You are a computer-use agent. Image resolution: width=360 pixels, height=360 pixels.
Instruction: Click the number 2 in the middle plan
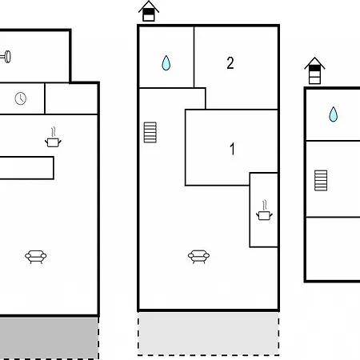[x=230, y=63]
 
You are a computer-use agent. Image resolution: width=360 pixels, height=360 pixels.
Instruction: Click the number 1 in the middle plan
[x=232, y=149]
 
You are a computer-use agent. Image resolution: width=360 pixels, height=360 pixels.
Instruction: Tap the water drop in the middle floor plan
[x=166, y=63]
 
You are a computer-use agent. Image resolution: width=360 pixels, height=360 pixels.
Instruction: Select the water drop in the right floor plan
[x=333, y=114]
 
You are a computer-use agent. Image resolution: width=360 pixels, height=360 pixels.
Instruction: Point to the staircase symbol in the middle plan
[x=150, y=132]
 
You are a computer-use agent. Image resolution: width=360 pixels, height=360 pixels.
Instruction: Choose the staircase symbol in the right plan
[x=321, y=181]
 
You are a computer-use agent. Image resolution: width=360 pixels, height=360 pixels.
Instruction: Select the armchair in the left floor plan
[x=36, y=257]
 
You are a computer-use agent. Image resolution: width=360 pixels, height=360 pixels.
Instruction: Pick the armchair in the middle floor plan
[x=198, y=257]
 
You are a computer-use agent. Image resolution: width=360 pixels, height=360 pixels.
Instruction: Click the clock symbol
[x=21, y=98]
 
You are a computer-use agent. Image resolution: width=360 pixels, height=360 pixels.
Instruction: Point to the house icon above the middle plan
[x=149, y=11]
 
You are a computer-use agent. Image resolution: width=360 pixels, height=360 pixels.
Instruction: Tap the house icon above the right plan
[x=314, y=70]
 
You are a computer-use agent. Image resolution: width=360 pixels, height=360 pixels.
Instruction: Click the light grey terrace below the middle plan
[x=209, y=334]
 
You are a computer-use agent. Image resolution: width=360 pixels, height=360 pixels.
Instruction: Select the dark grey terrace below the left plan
[x=49, y=338]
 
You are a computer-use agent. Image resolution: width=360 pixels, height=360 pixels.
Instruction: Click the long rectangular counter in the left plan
[x=26, y=168]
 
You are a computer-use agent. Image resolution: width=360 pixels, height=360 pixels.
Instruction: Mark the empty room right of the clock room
[x=71, y=98]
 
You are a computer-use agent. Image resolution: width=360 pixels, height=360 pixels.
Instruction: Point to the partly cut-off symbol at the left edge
[x=6, y=57]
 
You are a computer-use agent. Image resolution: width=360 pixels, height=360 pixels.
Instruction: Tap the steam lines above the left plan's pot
[x=54, y=132]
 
